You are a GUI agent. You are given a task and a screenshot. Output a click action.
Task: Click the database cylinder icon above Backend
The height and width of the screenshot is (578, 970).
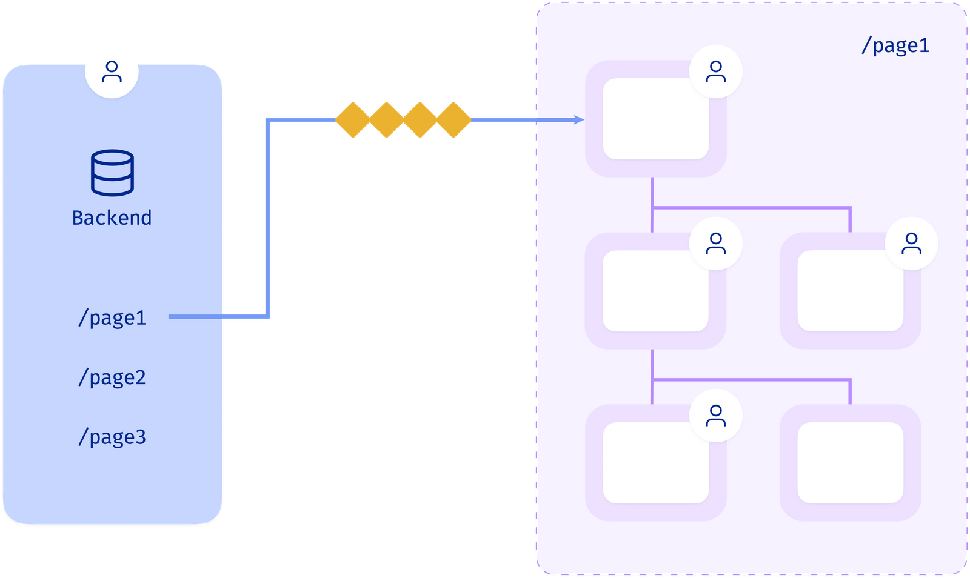[112, 173]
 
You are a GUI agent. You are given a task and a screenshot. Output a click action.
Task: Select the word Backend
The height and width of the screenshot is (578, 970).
[112, 218]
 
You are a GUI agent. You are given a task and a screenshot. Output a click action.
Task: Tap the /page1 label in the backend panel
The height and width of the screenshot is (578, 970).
[112, 317]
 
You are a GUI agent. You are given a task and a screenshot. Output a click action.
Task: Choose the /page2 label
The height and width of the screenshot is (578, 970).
[112, 377]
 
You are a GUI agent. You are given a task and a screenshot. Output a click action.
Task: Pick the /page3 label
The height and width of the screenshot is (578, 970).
[112, 437]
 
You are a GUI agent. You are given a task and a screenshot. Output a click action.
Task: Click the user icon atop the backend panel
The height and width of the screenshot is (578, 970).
[112, 71]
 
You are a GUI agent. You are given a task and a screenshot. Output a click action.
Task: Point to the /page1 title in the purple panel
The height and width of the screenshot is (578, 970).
[895, 45]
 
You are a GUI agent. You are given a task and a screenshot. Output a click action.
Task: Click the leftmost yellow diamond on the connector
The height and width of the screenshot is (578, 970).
[353, 120]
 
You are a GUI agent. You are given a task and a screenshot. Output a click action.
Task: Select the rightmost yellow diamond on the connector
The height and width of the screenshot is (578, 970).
[454, 120]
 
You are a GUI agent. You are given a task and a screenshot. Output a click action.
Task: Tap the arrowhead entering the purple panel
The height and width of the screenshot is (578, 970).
[578, 120]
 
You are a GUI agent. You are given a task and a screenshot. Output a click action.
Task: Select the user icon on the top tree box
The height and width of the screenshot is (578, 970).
[716, 71]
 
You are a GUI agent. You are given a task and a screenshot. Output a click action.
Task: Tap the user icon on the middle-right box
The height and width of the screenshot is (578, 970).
[911, 244]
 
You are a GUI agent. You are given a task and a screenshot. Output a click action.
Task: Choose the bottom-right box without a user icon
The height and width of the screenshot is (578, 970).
[850, 463]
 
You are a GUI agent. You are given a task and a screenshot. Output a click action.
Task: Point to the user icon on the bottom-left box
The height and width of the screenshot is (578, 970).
[716, 416]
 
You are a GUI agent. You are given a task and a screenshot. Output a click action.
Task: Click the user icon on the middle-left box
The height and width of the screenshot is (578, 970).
[716, 244]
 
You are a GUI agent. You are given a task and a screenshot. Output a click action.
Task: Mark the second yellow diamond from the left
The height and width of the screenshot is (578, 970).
[386, 120]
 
